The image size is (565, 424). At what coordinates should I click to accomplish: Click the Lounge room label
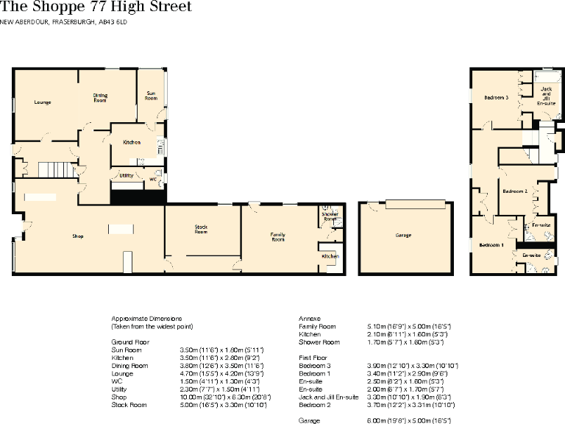click(x=43, y=102)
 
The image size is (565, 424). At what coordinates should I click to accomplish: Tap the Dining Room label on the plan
click(x=100, y=97)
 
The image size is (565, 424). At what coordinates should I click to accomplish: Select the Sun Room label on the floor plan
click(x=151, y=96)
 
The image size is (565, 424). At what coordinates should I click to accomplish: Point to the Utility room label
click(x=126, y=175)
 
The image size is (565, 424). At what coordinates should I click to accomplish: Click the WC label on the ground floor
click(x=152, y=179)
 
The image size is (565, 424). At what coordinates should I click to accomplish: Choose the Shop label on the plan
click(x=77, y=236)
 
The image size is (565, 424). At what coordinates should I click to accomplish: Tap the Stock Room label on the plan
click(x=202, y=229)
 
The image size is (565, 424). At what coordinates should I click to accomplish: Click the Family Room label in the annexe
click(x=278, y=237)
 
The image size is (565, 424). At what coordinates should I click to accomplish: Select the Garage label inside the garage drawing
click(x=402, y=236)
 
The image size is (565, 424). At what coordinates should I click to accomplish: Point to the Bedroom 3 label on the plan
click(x=497, y=97)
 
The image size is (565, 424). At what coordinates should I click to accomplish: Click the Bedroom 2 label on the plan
click(x=515, y=191)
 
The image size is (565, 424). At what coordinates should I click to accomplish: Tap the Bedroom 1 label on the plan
click(x=491, y=244)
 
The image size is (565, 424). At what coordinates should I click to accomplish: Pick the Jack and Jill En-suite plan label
click(x=546, y=96)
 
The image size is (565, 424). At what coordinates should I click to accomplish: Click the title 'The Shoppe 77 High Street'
click(x=96, y=7)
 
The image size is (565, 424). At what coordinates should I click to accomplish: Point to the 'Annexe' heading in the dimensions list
click(x=310, y=318)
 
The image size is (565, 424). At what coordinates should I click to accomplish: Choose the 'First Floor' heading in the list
click(x=313, y=357)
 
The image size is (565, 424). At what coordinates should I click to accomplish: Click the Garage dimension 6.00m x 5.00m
click(x=408, y=420)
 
